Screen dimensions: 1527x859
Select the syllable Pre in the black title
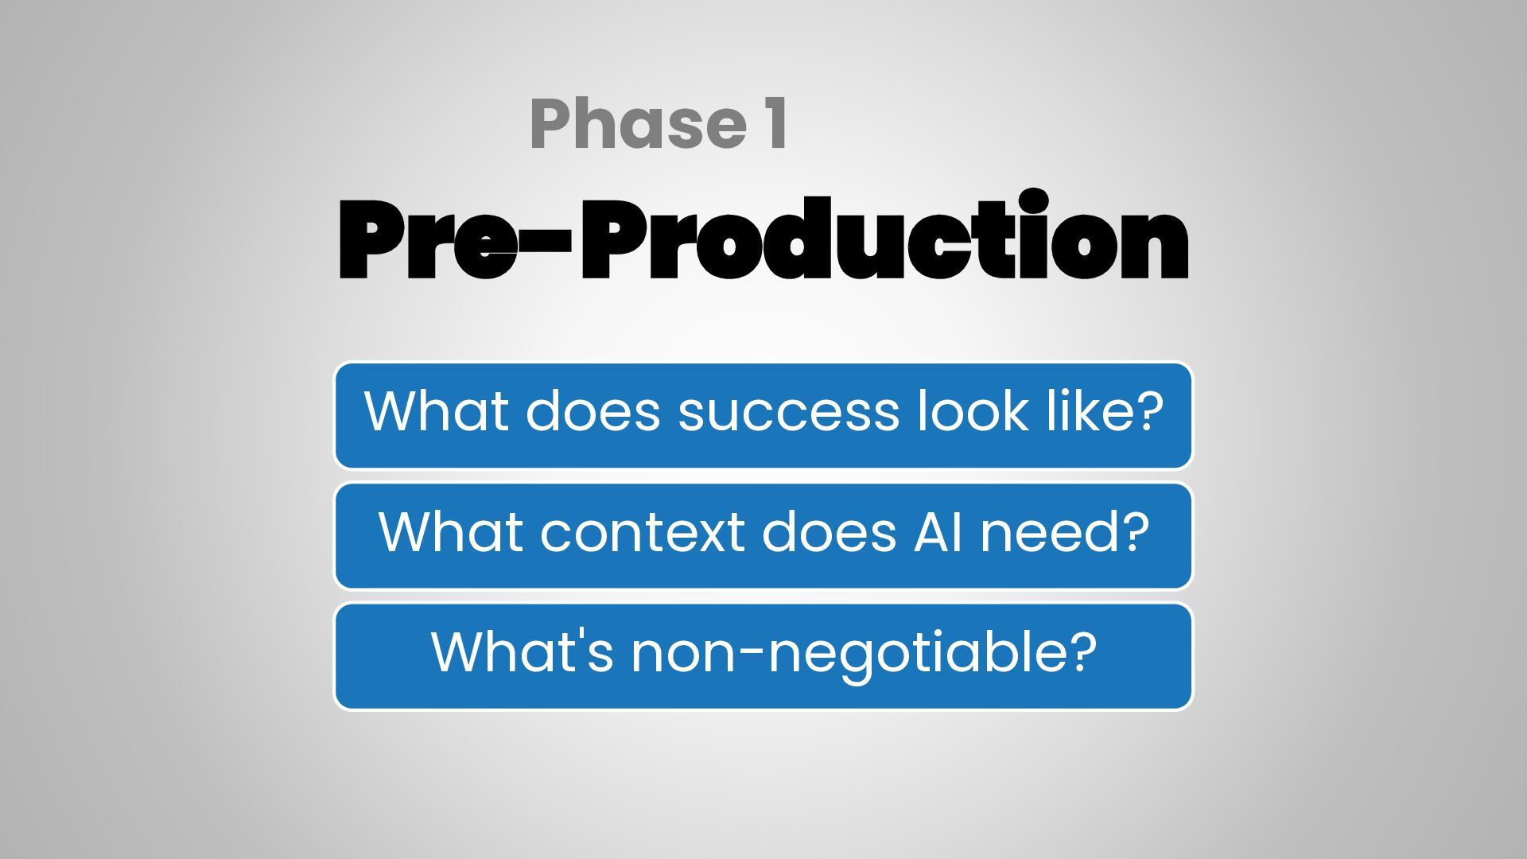coord(429,239)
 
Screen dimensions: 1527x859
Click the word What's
coord(523,651)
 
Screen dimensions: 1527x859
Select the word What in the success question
coord(435,410)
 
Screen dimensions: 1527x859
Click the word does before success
coord(593,410)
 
